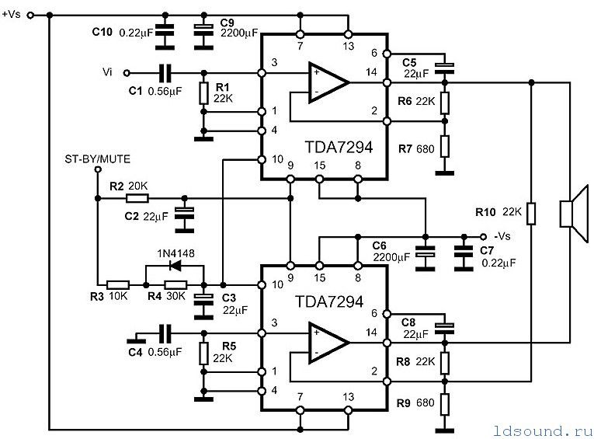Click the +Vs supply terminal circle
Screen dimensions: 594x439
[x=31, y=16]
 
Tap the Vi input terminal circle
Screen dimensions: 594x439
[x=127, y=73]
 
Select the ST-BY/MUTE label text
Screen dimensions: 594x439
[x=97, y=159]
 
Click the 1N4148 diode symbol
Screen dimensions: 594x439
[x=175, y=266]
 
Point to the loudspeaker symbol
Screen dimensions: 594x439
[x=574, y=214]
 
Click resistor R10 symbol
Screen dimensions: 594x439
[x=531, y=214]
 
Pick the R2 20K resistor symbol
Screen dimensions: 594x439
[x=137, y=198]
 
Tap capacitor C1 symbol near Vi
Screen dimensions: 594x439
[x=165, y=73]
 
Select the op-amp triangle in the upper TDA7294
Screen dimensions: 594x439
[x=327, y=82]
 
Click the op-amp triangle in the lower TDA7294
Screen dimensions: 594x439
[x=327, y=343]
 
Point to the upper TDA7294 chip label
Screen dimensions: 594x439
[x=339, y=147]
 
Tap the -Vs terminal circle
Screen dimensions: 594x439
[x=483, y=237]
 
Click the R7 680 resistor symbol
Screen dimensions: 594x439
[x=445, y=146]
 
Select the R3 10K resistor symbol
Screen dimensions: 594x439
[x=118, y=284]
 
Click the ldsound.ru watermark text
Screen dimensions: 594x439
[x=543, y=430]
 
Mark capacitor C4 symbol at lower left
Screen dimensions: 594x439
[x=165, y=333]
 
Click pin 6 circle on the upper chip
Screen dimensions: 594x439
[x=387, y=54]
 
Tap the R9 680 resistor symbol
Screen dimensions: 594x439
[x=445, y=404]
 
